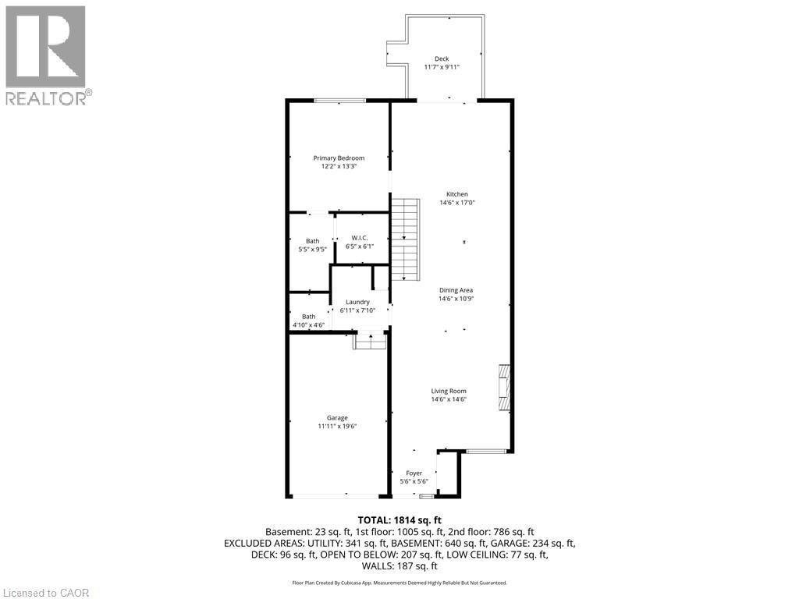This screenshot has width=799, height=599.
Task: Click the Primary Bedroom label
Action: pyautogui.click(x=339, y=158)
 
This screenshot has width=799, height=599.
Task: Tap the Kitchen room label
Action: pyautogui.click(x=456, y=194)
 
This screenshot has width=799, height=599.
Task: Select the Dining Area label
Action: pyautogui.click(x=456, y=290)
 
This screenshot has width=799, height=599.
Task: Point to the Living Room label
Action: pyautogui.click(x=449, y=391)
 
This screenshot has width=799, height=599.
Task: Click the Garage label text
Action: pyautogui.click(x=337, y=418)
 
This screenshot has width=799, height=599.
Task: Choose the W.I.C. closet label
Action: pyautogui.click(x=359, y=238)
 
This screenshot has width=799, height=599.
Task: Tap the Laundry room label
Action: pyautogui.click(x=357, y=302)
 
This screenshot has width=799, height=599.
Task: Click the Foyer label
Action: pyautogui.click(x=414, y=473)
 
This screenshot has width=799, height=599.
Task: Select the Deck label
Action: pyautogui.click(x=442, y=58)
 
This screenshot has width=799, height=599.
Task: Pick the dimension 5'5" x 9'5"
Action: pyautogui.click(x=312, y=250)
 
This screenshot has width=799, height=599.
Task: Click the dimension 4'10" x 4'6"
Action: pyautogui.click(x=308, y=325)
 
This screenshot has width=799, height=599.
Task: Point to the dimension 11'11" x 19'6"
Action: pyautogui.click(x=337, y=427)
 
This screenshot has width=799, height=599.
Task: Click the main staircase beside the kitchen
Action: pyautogui.click(x=405, y=239)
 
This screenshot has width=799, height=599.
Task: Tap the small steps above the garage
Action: pyautogui.click(x=370, y=341)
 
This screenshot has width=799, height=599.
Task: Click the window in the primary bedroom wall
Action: pyautogui.click(x=339, y=100)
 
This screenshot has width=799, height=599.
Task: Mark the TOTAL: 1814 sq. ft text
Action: pyautogui.click(x=399, y=519)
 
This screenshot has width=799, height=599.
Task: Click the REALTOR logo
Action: pyautogui.click(x=48, y=55)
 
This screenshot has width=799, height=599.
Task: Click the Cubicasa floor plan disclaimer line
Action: pyautogui.click(x=399, y=583)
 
